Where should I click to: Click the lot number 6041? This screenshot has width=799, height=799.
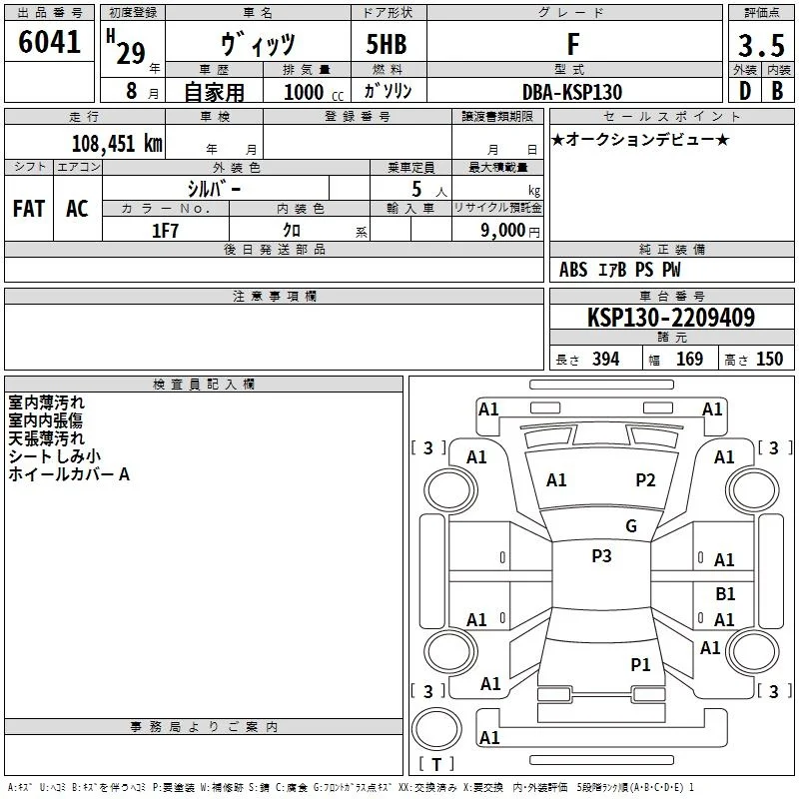49,42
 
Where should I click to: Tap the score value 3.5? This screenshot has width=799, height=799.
761,45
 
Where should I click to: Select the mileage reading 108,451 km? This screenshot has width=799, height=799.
117,144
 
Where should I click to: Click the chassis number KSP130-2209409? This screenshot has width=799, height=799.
671,318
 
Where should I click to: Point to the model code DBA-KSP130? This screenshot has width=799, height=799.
572,92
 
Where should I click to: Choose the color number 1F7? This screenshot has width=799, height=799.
165,231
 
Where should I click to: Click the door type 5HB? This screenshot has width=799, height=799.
387,44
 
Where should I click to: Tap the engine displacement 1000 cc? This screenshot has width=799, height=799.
314,92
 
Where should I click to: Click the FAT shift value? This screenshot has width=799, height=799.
29,209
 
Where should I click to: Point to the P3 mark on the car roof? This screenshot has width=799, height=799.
601,556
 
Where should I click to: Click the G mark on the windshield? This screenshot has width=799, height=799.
631,526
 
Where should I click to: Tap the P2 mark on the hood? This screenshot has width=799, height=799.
645,480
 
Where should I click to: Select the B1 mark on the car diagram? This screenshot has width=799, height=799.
725,593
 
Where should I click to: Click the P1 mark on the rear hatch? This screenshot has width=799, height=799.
640,664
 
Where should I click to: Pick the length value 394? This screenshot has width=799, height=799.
605,359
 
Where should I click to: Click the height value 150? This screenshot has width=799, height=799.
769,359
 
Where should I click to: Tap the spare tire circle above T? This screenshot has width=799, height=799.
436,729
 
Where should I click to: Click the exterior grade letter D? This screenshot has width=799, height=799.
745,91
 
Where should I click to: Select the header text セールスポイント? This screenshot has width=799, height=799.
671,117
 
